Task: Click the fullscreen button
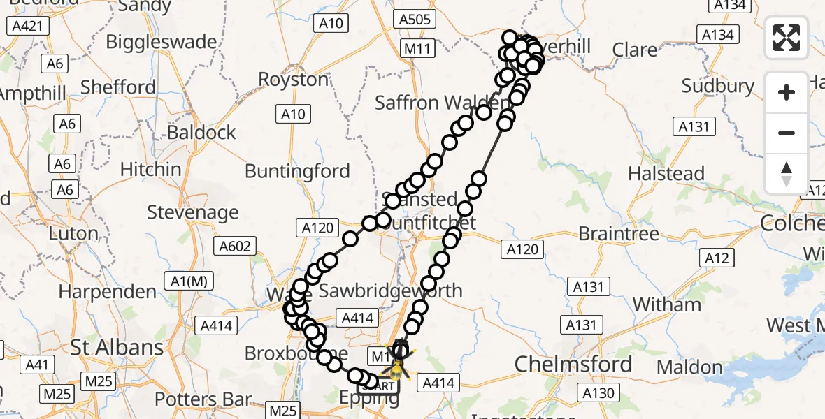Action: [x=787, y=38]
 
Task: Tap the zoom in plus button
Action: [x=787, y=93]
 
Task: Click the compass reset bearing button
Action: [x=787, y=174]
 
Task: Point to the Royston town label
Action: [x=294, y=79]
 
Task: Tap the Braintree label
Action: [x=619, y=233]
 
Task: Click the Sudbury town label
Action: [x=718, y=87]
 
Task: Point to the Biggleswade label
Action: [x=162, y=42]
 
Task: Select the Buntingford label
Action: [x=297, y=171]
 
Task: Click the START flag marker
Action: [x=378, y=385]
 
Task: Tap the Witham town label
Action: [x=666, y=304]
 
